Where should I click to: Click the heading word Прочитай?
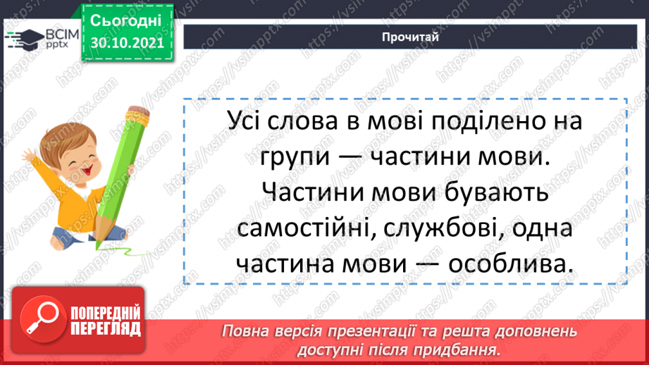point(408,37)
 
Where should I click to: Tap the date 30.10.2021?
point(123,43)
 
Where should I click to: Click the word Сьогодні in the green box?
point(123,20)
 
